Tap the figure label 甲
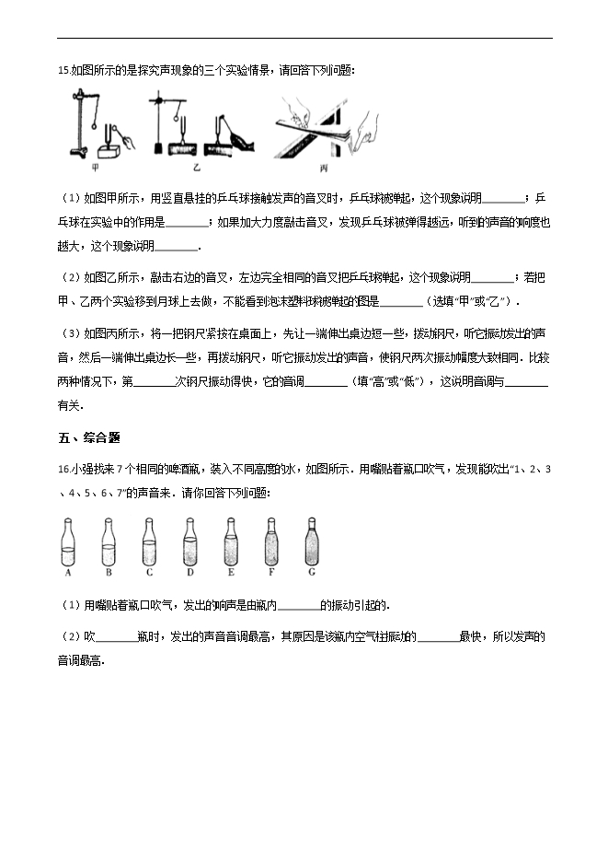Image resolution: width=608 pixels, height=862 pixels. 97,169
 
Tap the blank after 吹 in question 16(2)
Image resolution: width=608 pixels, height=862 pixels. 115,636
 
